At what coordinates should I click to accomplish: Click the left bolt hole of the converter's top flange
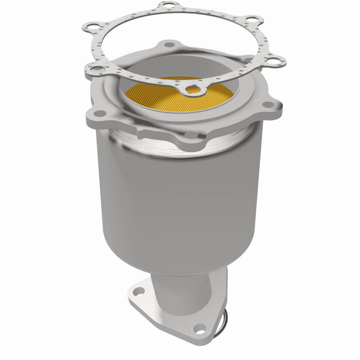[99, 113]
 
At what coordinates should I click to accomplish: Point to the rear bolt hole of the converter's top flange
[170, 45]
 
